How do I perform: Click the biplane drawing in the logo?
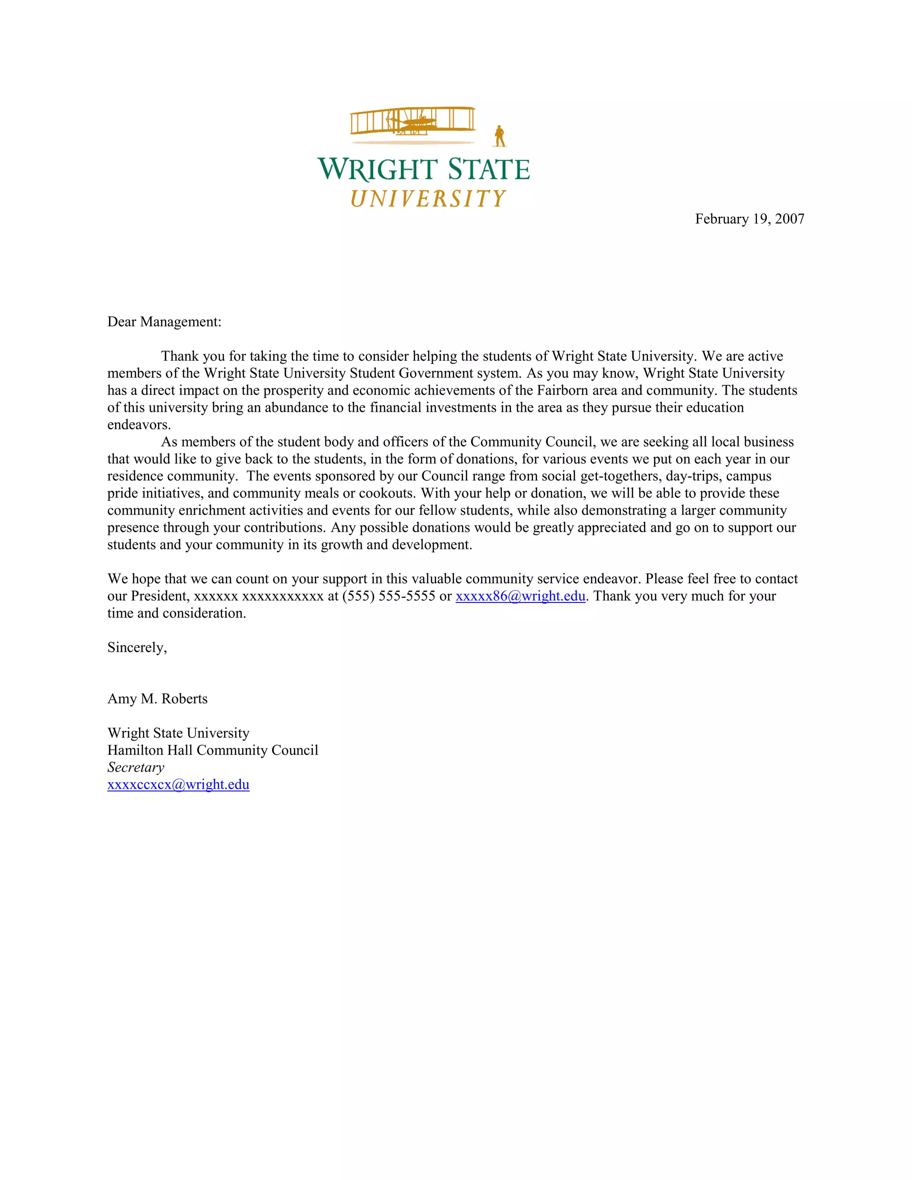tap(413, 121)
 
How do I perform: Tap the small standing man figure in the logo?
tap(500, 136)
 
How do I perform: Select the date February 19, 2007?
tap(749, 219)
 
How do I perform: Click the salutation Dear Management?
tap(164, 322)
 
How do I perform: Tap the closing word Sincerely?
tap(137, 647)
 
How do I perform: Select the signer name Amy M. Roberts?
tap(157, 699)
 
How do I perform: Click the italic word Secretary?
tap(136, 767)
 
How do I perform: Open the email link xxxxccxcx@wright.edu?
tap(178, 785)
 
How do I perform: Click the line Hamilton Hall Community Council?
tap(212, 750)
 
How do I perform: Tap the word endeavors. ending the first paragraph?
tap(139, 425)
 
